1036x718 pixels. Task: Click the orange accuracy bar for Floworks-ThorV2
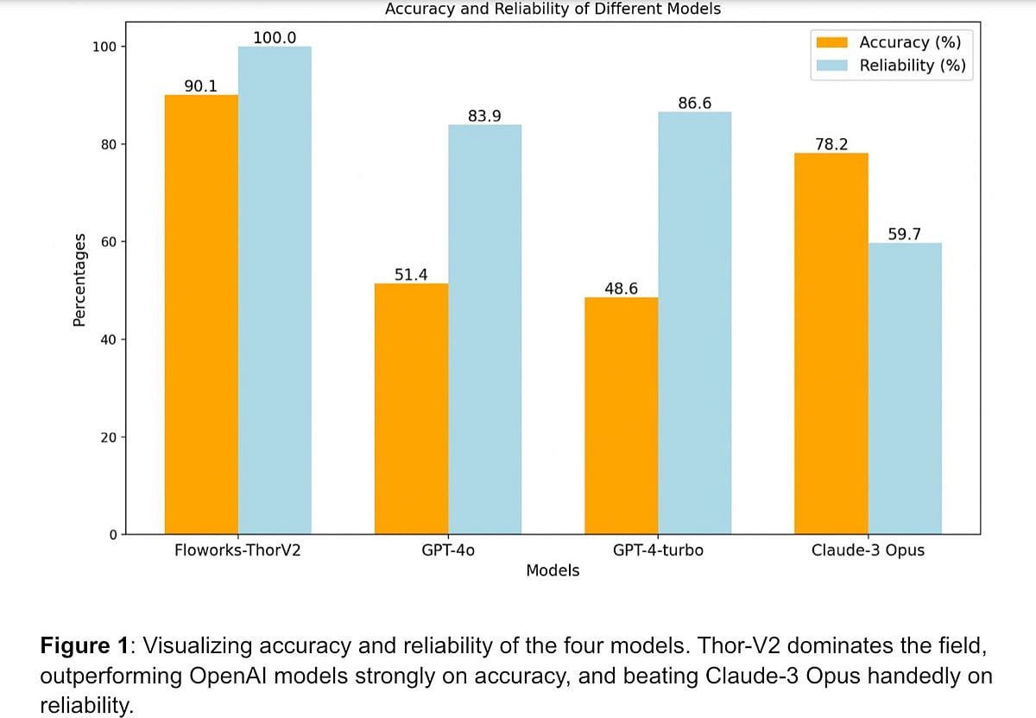pos(201,315)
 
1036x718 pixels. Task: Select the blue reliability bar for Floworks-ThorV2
pos(275,290)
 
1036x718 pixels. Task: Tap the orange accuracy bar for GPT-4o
pos(411,409)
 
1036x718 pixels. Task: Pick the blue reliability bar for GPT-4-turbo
pos(694,322)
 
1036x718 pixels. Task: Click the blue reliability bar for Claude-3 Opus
pos(904,388)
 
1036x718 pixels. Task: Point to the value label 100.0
pos(275,37)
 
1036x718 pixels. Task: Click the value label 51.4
pos(412,274)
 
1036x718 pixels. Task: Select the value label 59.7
pos(905,234)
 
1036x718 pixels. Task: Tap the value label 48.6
pos(621,289)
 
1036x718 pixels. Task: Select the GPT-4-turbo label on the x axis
pos(658,550)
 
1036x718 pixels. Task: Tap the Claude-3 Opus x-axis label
pos(868,550)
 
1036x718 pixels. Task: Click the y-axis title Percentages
pos(79,279)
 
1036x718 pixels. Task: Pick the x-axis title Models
pos(553,570)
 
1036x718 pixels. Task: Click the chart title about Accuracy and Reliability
pos(553,10)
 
